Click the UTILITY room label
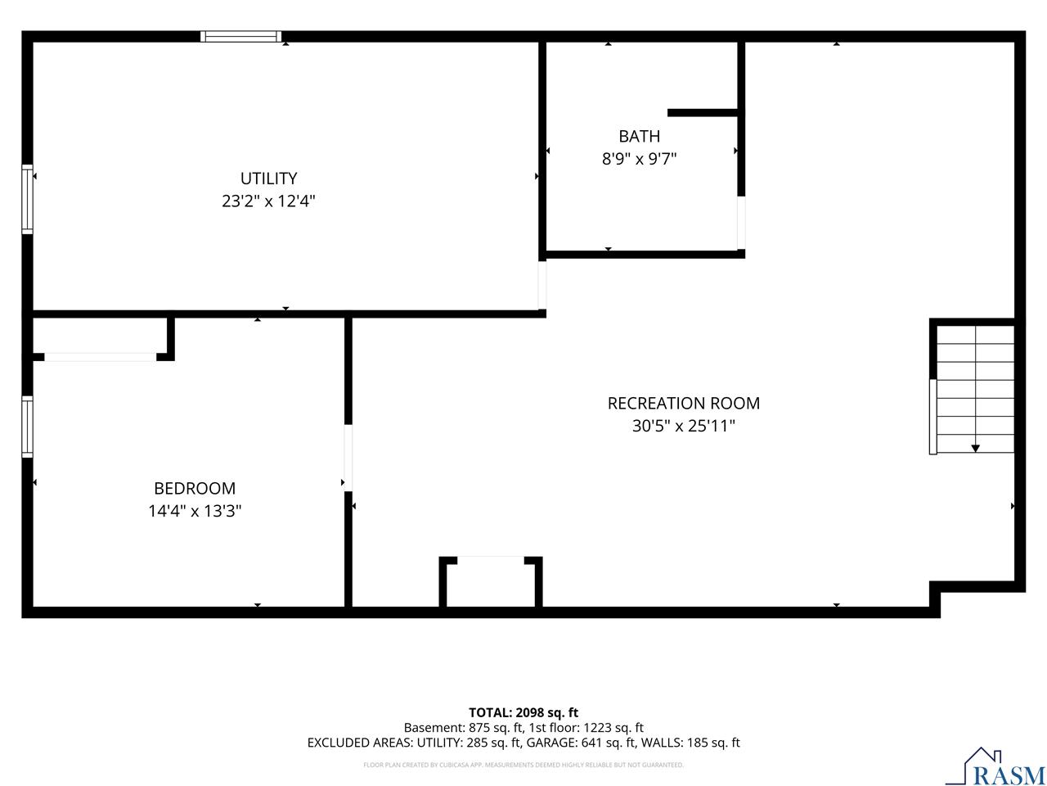[268, 178]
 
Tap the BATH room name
[639, 137]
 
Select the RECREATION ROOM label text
[683, 404]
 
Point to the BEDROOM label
[195, 488]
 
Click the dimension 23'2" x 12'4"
[268, 201]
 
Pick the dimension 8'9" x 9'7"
[639, 159]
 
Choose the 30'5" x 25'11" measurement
[683, 425]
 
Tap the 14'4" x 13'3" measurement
[195, 511]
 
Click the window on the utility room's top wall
[240, 37]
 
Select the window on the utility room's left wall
[27, 200]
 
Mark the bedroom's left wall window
[27, 427]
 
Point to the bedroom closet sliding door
[100, 357]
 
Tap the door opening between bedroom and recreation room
[348, 458]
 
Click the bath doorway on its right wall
[741, 223]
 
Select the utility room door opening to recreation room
[541, 286]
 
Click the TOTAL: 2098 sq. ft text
[523, 712]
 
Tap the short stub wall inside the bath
[703, 113]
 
